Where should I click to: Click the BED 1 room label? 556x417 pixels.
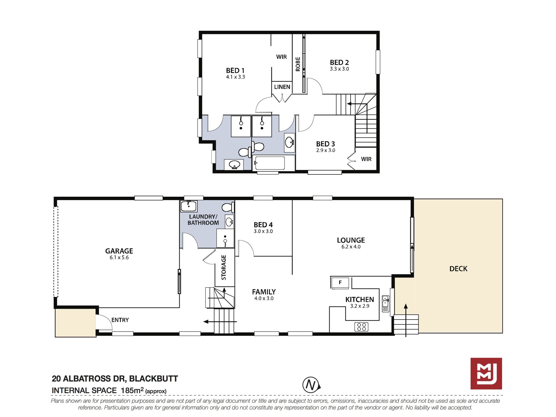[x=235, y=71]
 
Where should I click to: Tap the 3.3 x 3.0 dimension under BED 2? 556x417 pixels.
[x=339, y=69]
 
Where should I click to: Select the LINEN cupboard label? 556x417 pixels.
[x=282, y=87]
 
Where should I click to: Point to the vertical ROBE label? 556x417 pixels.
[x=298, y=64]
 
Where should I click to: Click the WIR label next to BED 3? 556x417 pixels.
[x=366, y=159]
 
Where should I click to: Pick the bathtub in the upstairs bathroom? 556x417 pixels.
[x=269, y=163]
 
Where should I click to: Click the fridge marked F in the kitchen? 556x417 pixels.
[x=340, y=283]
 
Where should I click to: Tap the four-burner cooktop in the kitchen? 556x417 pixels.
[x=361, y=327]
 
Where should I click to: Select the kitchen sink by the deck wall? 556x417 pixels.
[x=386, y=304]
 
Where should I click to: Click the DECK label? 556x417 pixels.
[x=458, y=269]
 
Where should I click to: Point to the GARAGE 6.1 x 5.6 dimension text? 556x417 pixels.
[x=119, y=258]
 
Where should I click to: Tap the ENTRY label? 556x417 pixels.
[x=120, y=320]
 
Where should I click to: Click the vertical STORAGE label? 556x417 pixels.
[x=224, y=267]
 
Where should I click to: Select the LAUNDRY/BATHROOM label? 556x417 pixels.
[x=203, y=220]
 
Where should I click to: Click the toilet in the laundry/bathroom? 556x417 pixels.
[x=228, y=208]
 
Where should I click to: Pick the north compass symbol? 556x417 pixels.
[x=311, y=385]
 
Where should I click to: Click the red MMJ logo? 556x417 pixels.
[x=486, y=374]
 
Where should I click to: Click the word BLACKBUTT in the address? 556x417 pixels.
[x=154, y=379]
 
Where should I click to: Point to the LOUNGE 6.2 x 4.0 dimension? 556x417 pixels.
[x=351, y=247]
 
